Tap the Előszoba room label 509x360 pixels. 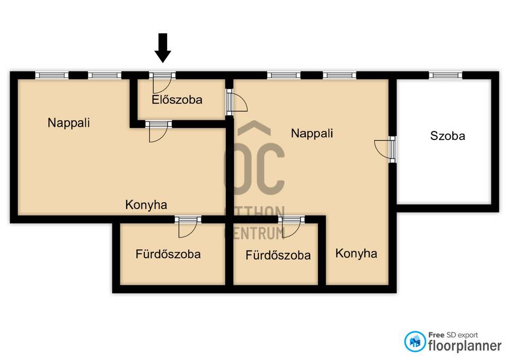177,99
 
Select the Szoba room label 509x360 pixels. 447,135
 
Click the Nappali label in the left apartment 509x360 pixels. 68,122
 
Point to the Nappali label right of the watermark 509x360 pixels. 312,133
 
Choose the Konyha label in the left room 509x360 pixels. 146,205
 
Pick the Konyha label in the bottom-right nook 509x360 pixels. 356,253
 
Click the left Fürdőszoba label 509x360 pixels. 168,254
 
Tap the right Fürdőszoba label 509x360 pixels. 278,255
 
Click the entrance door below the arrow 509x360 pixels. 162,83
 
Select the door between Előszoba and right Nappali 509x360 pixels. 237,102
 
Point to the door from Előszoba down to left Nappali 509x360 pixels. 159,131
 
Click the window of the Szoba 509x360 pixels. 446,75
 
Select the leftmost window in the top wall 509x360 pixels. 52,75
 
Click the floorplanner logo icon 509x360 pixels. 415,341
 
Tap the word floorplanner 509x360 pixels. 465,346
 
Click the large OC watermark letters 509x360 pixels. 254,169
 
